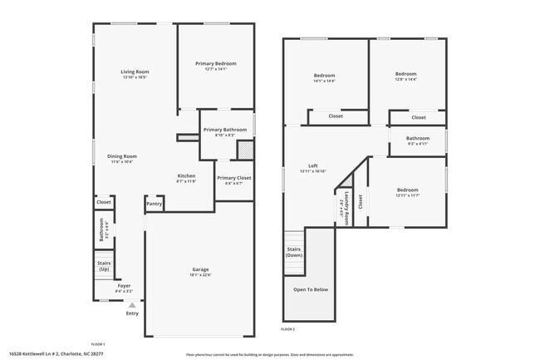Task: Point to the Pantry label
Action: point(154,203)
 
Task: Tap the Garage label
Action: point(200,271)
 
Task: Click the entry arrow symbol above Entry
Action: point(131,305)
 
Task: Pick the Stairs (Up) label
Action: point(104,266)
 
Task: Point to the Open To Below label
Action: point(311,289)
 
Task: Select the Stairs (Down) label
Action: point(293,251)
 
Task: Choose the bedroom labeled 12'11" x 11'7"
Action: point(408,192)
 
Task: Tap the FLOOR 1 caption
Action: point(98,343)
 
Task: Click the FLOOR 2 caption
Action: point(287,330)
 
